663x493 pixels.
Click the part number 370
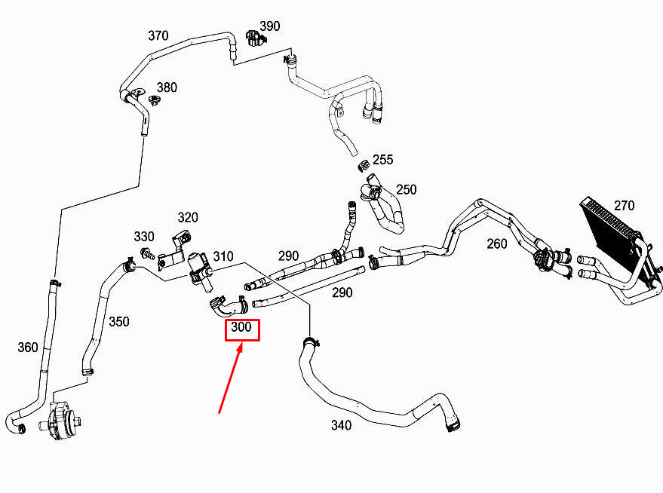click(158, 35)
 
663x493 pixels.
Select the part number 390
click(269, 26)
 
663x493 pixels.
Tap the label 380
click(167, 87)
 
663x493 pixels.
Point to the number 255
click(382, 160)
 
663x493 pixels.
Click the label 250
click(406, 189)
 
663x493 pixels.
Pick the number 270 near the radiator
click(624, 205)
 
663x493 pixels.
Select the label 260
click(497, 243)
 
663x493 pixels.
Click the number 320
click(188, 218)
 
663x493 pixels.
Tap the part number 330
click(144, 237)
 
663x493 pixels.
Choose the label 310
click(223, 256)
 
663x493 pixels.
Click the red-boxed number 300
click(242, 329)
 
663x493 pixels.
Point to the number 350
click(118, 322)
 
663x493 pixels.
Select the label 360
click(27, 348)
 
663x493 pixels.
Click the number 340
click(341, 425)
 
